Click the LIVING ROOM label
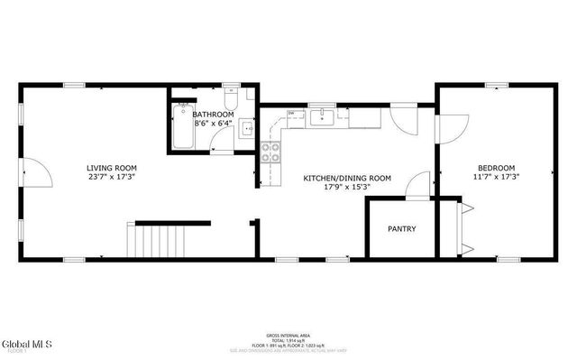coord(112,168)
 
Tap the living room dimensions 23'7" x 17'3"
coord(112,178)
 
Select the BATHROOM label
coord(212,114)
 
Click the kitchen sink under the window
coord(322,115)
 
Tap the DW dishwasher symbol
coord(291,113)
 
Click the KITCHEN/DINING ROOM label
coord(346,179)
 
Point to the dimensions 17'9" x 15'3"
coord(346,189)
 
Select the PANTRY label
coord(401,229)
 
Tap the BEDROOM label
coord(496,168)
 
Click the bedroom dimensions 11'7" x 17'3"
coord(496,178)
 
